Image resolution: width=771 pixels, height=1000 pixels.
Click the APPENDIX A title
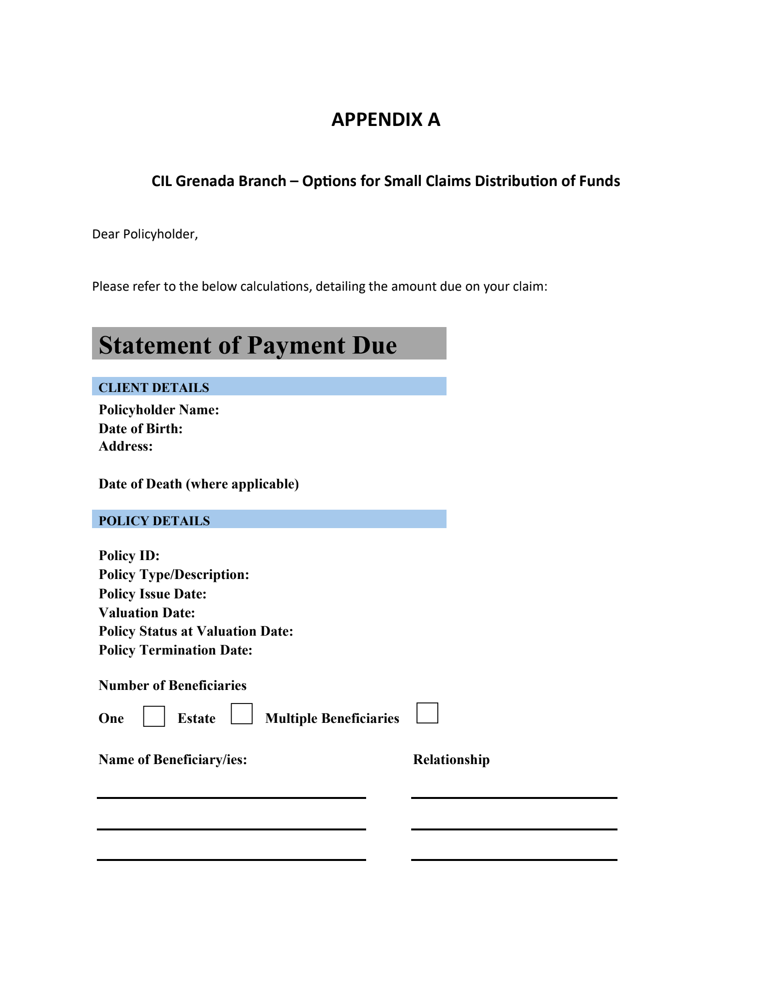coord(385,120)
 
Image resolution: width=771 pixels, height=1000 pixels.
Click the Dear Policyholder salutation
coord(145,234)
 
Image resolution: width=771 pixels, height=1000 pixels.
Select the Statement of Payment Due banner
coord(269,344)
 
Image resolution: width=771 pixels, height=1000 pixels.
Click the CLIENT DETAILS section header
coord(154,388)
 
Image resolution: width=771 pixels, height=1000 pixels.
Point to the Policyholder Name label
coord(159,410)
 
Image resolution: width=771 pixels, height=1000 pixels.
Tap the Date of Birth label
coord(140,429)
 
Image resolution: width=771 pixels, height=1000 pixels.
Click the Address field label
coord(125,446)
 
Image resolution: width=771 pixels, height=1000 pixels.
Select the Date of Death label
coord(199,484)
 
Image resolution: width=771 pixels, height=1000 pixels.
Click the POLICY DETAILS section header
coord(154,521)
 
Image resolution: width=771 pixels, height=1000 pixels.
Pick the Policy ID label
coord(129,556)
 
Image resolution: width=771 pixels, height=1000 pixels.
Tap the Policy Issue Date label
coord(153,594)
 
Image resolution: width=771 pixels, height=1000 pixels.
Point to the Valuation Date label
coord(147,613)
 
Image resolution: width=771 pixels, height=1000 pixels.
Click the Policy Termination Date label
coord(175,650)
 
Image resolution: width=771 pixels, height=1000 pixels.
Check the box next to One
coord(154,717)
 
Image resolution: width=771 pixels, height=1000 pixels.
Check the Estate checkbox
coord(242,714)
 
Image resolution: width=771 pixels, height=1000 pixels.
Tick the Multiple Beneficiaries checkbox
coord(427,713)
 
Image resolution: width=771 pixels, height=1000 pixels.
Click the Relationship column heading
coord(451,760)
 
